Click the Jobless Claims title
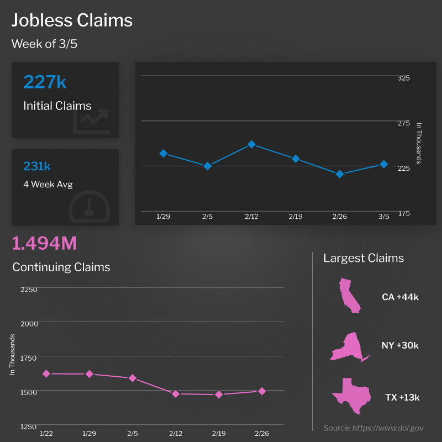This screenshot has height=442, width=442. click(72, 20)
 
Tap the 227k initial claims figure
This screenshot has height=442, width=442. click(45, 82)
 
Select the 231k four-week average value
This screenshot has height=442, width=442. click(37, 166)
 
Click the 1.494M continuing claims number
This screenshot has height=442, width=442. click(44, 243)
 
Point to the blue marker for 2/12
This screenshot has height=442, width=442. click(251, 144)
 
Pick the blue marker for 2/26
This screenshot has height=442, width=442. click(340, 174)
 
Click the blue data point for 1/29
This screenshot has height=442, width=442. click(164, 153)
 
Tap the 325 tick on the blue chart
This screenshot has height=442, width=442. click(403, 78)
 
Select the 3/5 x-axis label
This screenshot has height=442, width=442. click(383, 217)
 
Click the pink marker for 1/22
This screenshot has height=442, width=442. click(46, 373)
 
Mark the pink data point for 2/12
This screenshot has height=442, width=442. click(176, 394)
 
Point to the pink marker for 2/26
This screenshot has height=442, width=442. click(262, 391)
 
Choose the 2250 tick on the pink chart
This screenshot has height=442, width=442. click(29, 290)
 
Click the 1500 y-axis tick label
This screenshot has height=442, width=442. click(29, 392)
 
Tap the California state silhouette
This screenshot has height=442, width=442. click(349, 296)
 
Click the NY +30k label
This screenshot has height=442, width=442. click(400, 346)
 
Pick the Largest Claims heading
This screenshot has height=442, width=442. click(364, 258)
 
